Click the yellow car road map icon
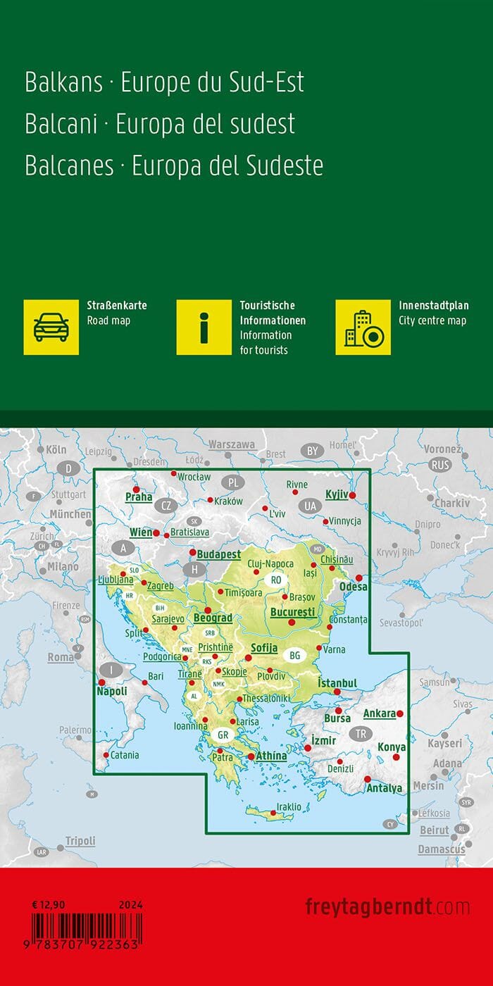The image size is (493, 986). pyautogui.click(x=51, y=327)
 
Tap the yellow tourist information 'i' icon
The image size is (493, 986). pyautogui.click(x=204, y=327)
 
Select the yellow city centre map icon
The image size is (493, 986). pyautogui.click(x=363, y=327)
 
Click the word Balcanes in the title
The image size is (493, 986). pyautogui.click(x=69, y=165)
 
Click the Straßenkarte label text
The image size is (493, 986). pyautogui.click(x=116, y=306)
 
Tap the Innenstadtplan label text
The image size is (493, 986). pyautogui.click(x=433, y=306)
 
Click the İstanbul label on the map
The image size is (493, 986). pyautogui.click(x=337, y=683)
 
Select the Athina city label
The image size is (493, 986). pyautogui.click(x=270, y=756)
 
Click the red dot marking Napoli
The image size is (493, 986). pyautogui.click(x=101, y=682)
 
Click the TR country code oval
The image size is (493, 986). pyautogui.click(x=361, y=733)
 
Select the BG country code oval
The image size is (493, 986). pyautogui.click(x=294, y=656)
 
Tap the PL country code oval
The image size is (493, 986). pyautogui.click(x=234, y=482)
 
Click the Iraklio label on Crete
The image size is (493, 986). pyautogui.click(x=289, y=807)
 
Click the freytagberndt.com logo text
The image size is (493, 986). pyautogui.click(x=387, y=906)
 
